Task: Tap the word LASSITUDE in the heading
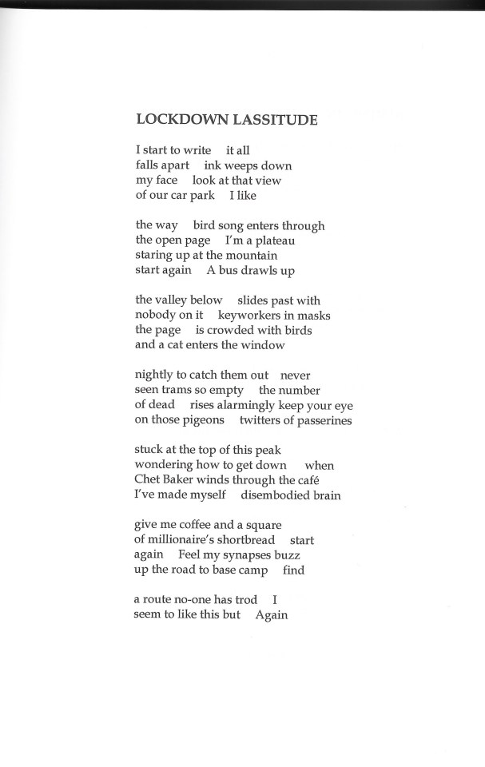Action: (275, 120)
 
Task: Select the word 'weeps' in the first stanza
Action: (242, 165)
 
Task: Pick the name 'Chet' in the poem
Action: (149, 480)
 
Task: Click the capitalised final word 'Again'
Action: (272, 615)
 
